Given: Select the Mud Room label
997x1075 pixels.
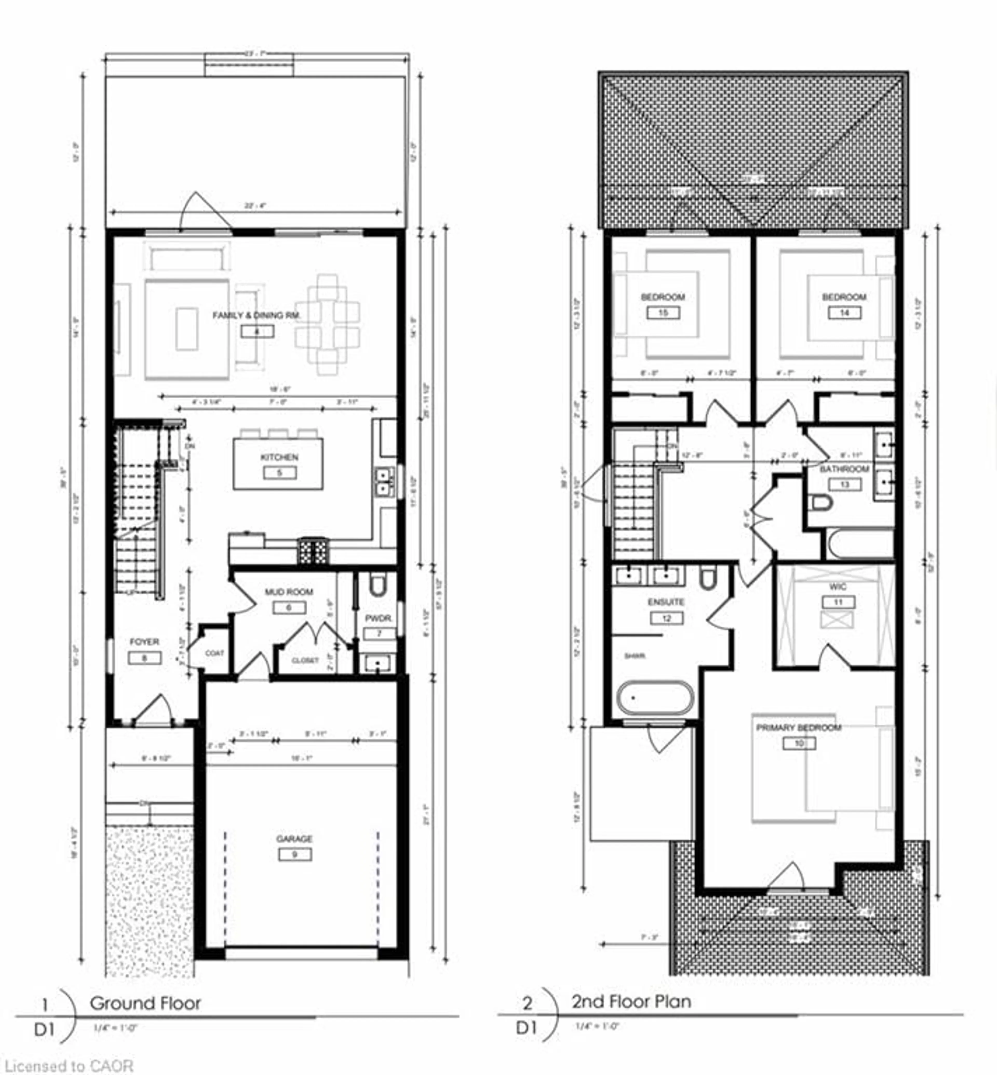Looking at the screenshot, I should point(289,592).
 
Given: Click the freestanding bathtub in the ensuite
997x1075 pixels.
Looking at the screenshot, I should point(655,698).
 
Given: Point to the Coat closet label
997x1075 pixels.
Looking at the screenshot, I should point(214,653).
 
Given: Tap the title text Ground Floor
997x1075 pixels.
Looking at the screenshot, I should point(145,1003).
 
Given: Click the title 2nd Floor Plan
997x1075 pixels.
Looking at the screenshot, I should point(631,1002).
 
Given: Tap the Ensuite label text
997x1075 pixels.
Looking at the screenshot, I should point(666,602).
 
